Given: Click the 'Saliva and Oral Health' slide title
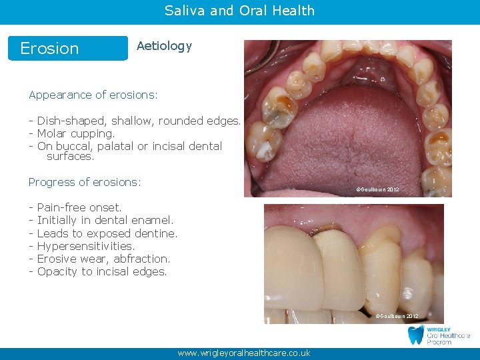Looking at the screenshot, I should [x=239, y=11].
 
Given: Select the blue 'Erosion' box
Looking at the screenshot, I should [x=67, y=48].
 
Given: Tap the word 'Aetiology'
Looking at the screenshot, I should [x=164, y=46].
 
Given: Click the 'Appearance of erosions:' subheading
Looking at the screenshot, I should [x=93, y=95].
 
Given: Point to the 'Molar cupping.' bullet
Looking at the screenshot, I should [x=76, y=133].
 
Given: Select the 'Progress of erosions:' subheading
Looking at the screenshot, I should [x=85, y=182].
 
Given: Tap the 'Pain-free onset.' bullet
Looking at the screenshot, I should [x=79, y=207].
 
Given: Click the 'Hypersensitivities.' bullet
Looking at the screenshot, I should [x=86, y=246].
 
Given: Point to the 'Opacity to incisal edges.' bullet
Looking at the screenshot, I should [x=102, y=271].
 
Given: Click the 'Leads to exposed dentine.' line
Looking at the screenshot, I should [x=107, y=233].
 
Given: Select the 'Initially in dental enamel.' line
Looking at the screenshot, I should [x=105, y=220].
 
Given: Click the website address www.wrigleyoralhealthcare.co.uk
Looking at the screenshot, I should [x=243, y=353].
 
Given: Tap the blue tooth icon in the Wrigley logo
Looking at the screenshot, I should [x=416, y=335].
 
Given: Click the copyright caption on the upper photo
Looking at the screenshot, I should [x=378, y=190].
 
